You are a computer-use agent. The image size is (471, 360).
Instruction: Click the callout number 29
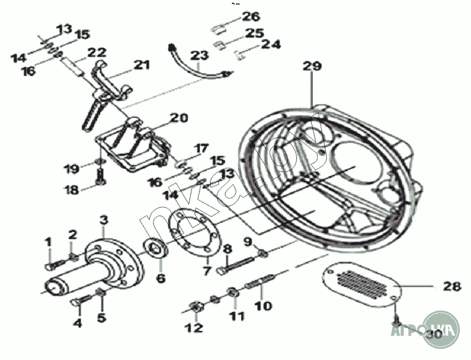pos(312,66)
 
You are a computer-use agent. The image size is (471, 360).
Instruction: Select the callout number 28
pos(452,287)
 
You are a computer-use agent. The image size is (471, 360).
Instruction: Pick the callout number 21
pos(142,66)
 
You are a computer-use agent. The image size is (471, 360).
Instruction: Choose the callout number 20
pos(179,118)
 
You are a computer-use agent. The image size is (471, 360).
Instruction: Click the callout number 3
pos(103,219)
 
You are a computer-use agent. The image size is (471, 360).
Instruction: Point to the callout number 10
pos(263,306)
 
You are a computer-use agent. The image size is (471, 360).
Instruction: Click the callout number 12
pos(194,328)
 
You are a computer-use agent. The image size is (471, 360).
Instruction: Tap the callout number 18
pos(72,190)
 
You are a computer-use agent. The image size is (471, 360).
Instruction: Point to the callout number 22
pos(97,52)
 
